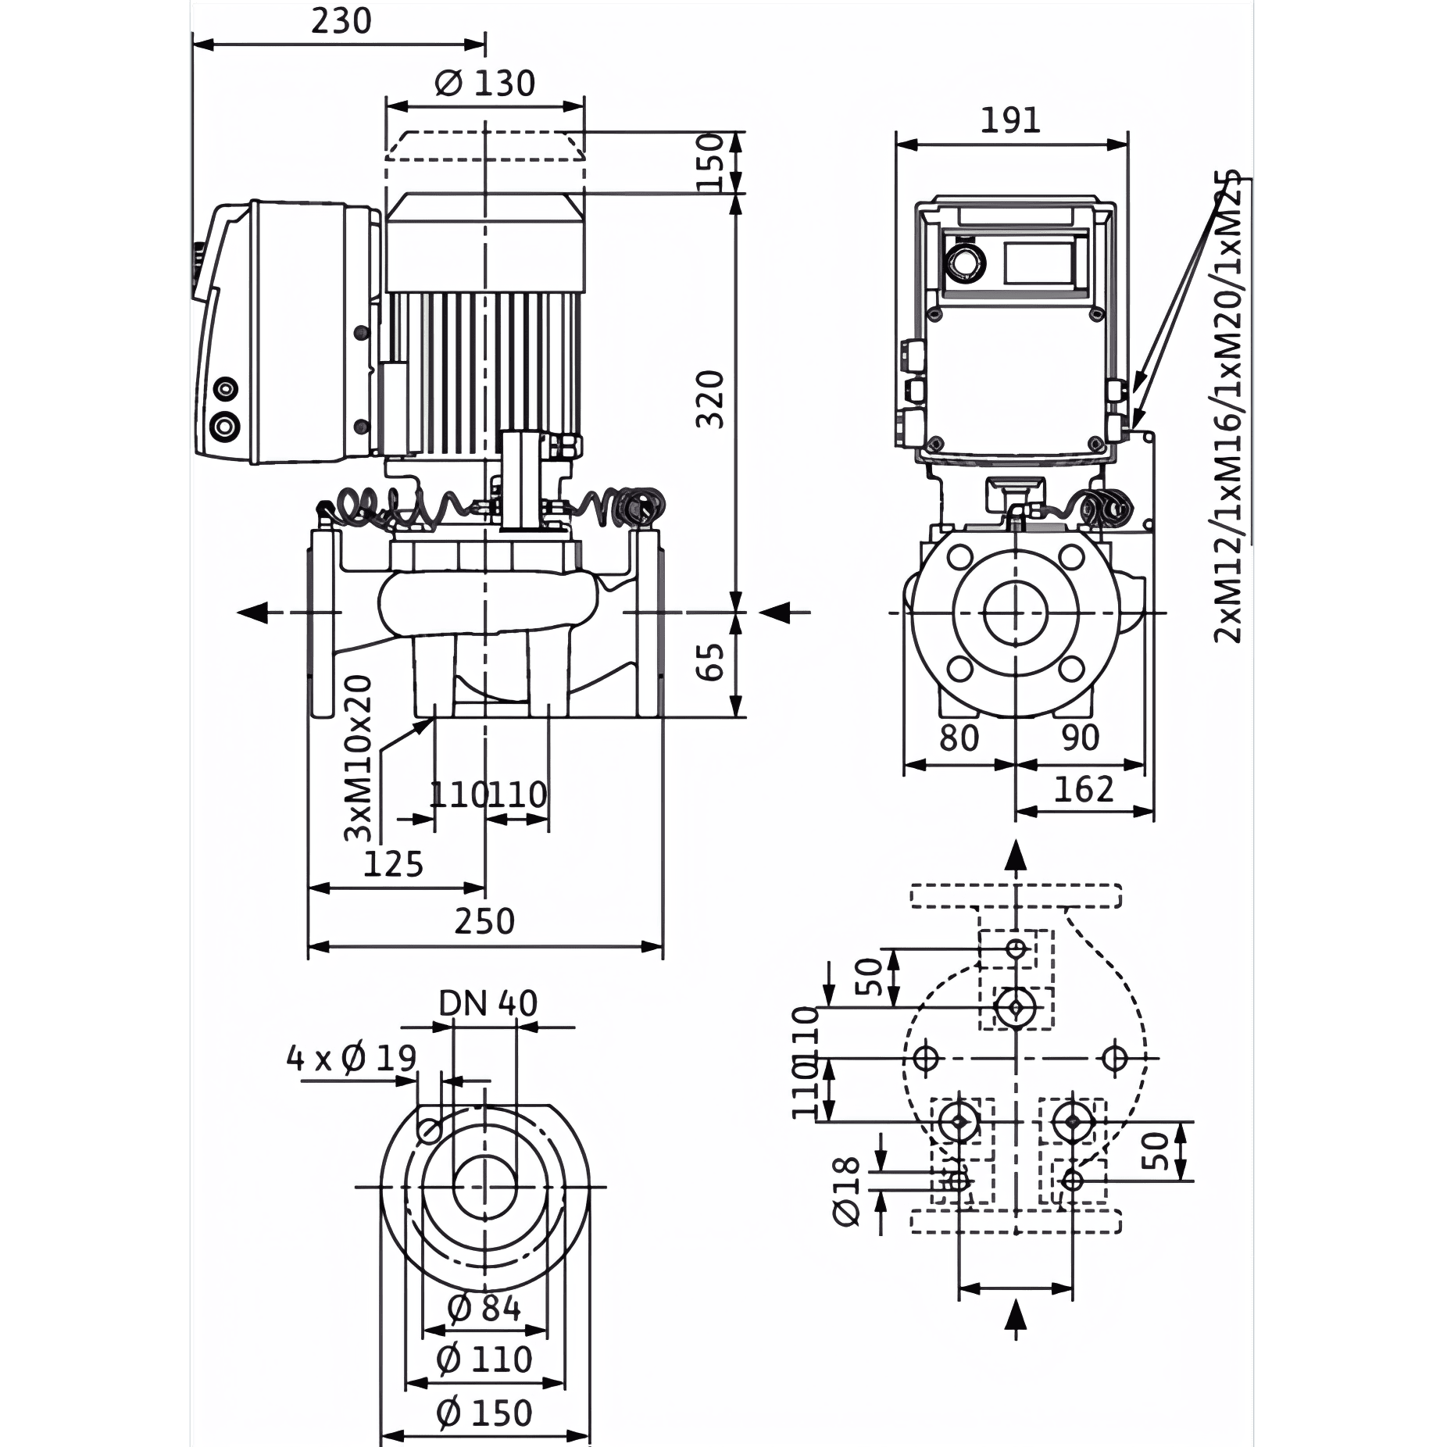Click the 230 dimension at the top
[x=341, y=21]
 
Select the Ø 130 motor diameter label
[x=484, y=83]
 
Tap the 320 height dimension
[x=711, y=399]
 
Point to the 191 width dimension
[x=1011, y=120]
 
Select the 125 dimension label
[x=394, y=864]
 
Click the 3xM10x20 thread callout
[x=359, y=758]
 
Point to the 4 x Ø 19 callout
[x=352, y=1059]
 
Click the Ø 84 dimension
[x=484, y=1308]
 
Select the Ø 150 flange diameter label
[x=484, y=1413]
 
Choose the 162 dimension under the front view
[x=1084, y=791]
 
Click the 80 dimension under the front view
[x=959, y=738]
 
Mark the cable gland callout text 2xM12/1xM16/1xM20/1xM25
[x=1231, y=406]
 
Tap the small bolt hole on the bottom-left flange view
[x=429, y=1130]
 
